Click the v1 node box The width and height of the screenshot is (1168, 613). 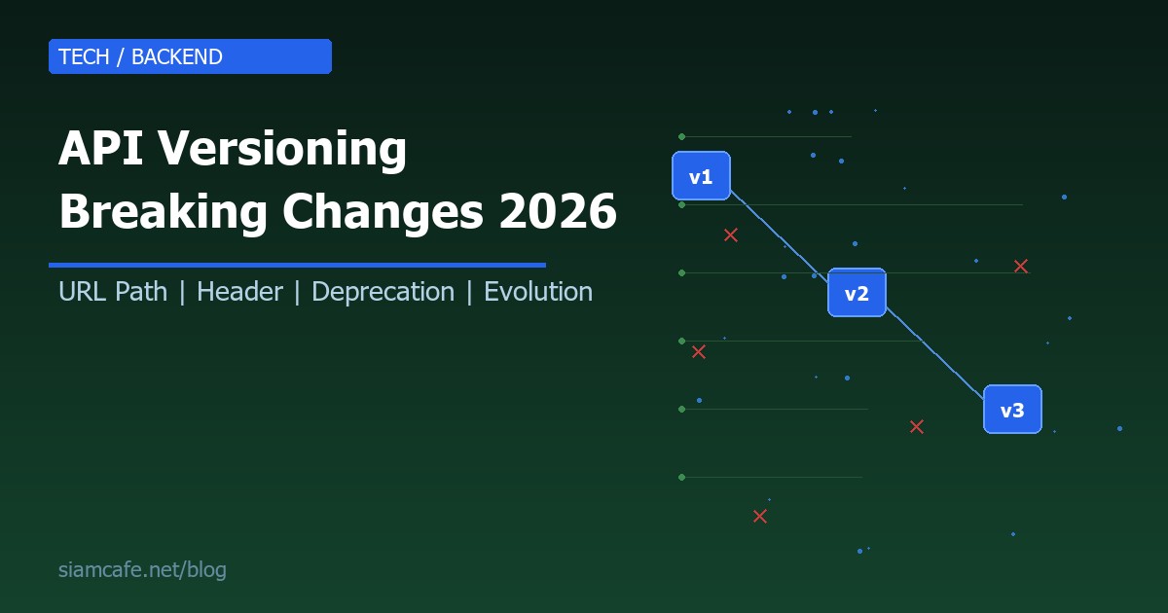coord(701,176)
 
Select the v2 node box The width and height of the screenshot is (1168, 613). coord(857,293)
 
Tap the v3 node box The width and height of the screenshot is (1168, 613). coord(1012,410)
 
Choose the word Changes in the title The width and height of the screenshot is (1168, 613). coord(385,211)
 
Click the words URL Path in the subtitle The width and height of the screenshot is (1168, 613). coord(113,292)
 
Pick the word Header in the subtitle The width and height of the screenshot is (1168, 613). coord(239,292)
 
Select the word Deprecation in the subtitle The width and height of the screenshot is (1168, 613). coord(383,292)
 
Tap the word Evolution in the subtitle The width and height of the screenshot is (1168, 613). coord(538,292)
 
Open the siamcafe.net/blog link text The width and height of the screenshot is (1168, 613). coord(142,570)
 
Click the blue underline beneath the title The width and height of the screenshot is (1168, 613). coord(297,265)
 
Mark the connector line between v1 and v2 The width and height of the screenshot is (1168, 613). coord(779,234)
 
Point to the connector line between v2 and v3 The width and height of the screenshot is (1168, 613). coord(934,351)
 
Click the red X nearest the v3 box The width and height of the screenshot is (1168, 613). coord(916,426)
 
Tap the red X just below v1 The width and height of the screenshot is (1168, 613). coord(731,234)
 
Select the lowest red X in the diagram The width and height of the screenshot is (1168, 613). coord(760,516)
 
